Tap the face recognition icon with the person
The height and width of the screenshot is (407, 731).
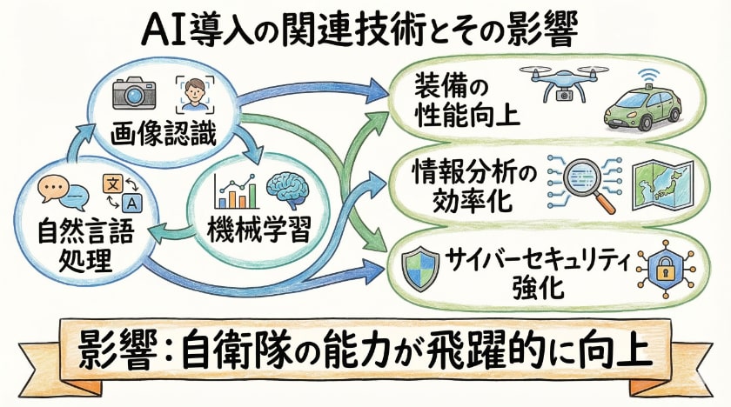[x=195, y=92]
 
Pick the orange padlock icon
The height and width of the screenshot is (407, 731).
[x=661, y=267]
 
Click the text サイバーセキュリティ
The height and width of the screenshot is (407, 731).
[x=539, y=258]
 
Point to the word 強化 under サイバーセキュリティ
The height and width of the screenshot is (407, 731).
[x=540, y=288]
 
